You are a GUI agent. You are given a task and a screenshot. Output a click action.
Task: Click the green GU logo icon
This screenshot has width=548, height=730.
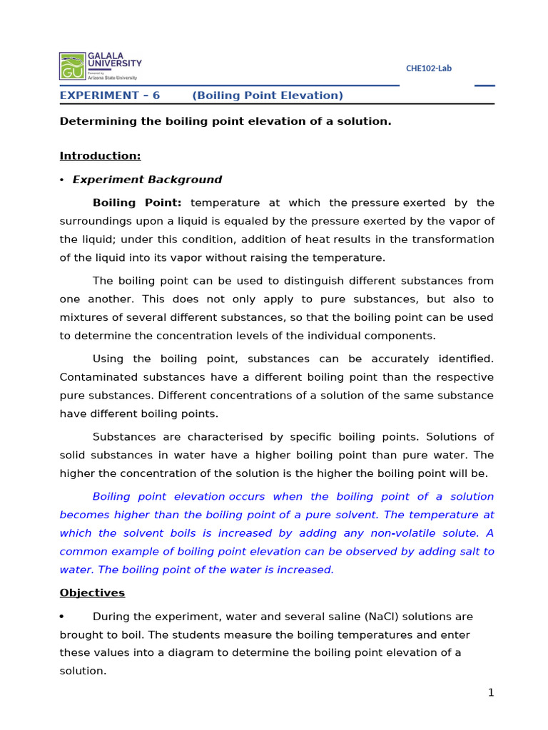pyautogui.click(x=72, y=66)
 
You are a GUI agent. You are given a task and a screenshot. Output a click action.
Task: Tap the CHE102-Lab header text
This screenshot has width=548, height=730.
pyautogui.click(x=428, y=68)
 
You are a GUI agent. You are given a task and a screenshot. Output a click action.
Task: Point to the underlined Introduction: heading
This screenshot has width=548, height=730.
pyautogui.click(x=100, y=155)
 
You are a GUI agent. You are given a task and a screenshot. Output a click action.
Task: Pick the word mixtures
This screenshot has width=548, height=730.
pyautogui.click(x=83, y=317)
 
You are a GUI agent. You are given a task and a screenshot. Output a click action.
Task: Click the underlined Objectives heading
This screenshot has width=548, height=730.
pyautogui.click(x=92, y=593)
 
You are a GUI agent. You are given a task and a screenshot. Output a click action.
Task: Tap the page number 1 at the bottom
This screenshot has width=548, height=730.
pyautogui.click(x=491, y=693)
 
